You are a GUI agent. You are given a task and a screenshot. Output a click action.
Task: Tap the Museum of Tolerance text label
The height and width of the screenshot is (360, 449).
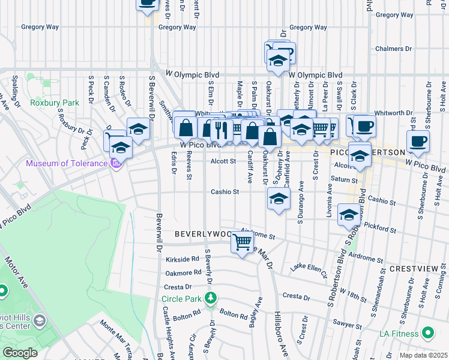point(67,163)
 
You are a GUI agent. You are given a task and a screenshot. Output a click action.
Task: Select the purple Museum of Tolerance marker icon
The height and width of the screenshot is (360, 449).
point(116,163)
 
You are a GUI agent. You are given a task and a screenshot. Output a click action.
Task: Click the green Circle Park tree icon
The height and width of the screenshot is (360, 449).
point(211,298)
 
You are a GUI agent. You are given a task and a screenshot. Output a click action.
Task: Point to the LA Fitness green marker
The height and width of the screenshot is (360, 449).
point(428,332)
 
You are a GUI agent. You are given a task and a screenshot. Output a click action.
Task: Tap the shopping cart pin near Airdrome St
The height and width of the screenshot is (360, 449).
point(243,244)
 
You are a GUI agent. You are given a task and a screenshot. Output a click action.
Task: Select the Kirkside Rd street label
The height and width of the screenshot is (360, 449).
point(184,259)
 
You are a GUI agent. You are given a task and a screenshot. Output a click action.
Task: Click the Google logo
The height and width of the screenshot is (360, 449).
point(20,353)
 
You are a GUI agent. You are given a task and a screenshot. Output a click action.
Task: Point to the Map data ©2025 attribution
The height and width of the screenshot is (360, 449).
point(423,355)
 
